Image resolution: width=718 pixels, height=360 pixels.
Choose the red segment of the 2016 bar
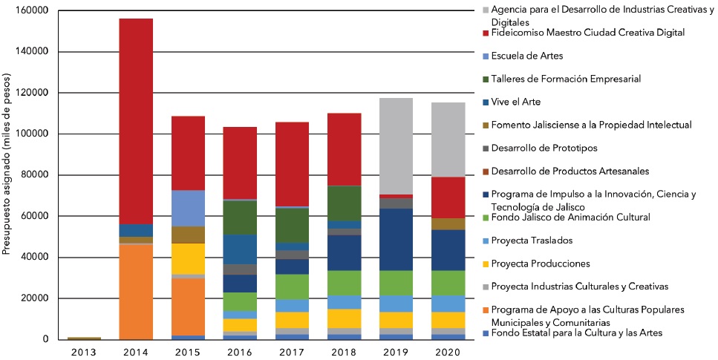(x=239, y=163)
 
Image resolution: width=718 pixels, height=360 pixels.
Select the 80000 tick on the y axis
(x=34, y=175)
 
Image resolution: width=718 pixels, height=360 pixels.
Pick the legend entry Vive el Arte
(x=517, y=102)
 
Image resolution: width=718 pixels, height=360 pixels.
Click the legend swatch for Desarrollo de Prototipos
(x=485, y=148)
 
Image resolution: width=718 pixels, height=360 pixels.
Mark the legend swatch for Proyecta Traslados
(x=485, y=240)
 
